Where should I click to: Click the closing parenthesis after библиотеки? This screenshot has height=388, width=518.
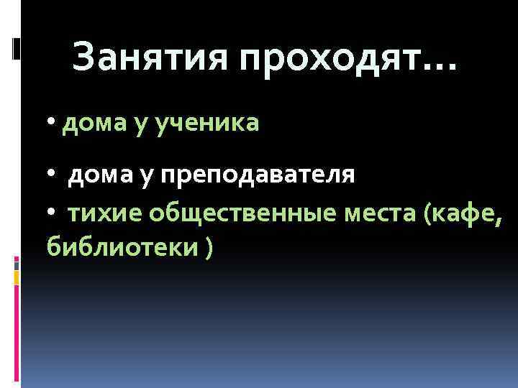(x=209, y=249)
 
